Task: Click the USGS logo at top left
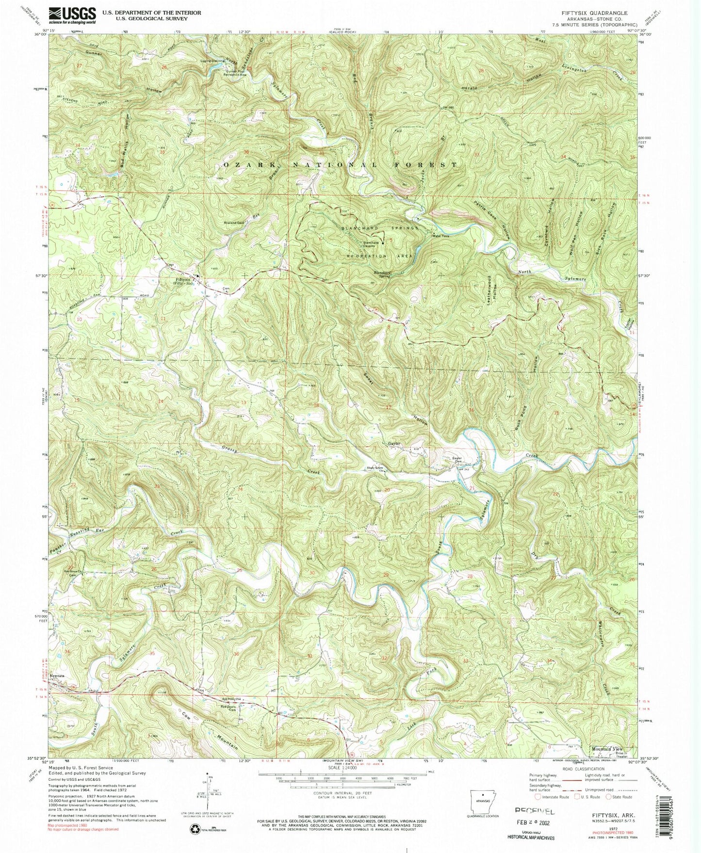point(72,16)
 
